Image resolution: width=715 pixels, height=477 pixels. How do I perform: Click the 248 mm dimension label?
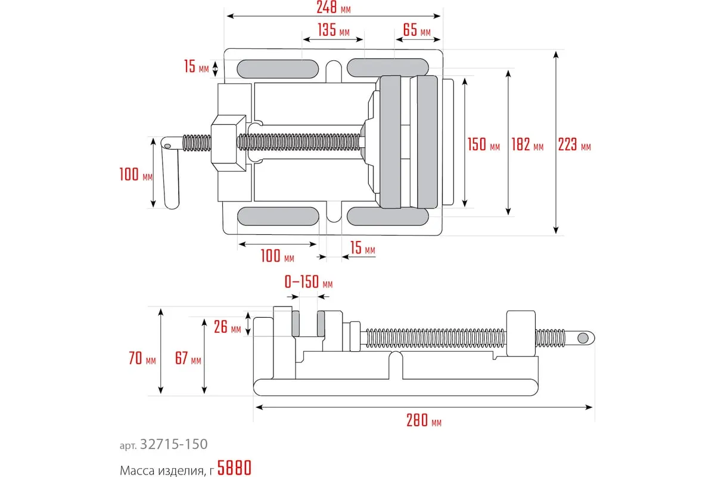coord(334,7)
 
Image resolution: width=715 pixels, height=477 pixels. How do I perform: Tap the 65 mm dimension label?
coord(416,30)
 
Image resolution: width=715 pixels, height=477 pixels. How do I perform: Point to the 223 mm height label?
coord(574,145)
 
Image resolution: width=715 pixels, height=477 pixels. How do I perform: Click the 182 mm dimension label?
coord(527,145)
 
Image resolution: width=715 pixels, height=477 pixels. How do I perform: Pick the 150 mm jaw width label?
coord(483,145)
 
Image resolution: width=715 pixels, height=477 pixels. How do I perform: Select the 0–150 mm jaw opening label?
coord(309,281)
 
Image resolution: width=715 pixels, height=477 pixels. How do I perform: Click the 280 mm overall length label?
coord(424,421)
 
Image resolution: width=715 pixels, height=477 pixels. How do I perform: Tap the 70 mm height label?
coord(142,359)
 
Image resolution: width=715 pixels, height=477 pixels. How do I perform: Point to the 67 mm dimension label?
coord(188,359)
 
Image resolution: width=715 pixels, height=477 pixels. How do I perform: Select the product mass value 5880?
coord(234,469)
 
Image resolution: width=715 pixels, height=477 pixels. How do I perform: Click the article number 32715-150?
coord(173,444)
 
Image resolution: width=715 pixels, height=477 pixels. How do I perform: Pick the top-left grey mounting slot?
coord(278,67)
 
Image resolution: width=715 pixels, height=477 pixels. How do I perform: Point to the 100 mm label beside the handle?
coord(136,175)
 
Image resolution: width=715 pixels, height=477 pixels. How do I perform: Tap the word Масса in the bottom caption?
coord(138,469)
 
